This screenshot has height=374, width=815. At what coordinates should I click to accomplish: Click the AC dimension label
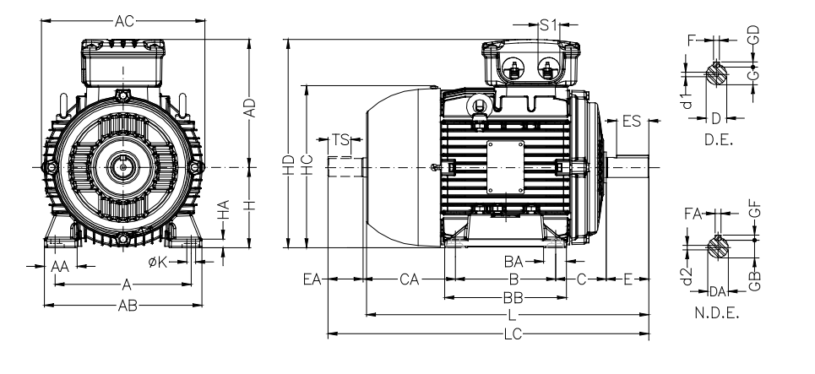123,21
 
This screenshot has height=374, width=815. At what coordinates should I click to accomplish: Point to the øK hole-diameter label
157,263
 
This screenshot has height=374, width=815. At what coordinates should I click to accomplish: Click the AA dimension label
58,266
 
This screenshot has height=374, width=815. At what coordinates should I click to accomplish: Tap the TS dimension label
340,139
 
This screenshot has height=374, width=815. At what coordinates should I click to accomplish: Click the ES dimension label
631,122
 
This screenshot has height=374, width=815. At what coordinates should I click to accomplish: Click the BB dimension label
512,297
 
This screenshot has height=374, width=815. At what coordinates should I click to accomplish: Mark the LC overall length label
512,334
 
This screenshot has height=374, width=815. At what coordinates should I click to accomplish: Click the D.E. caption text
716,142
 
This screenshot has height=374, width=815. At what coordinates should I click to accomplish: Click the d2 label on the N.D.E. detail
687,277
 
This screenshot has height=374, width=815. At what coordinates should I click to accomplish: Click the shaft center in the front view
123,167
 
